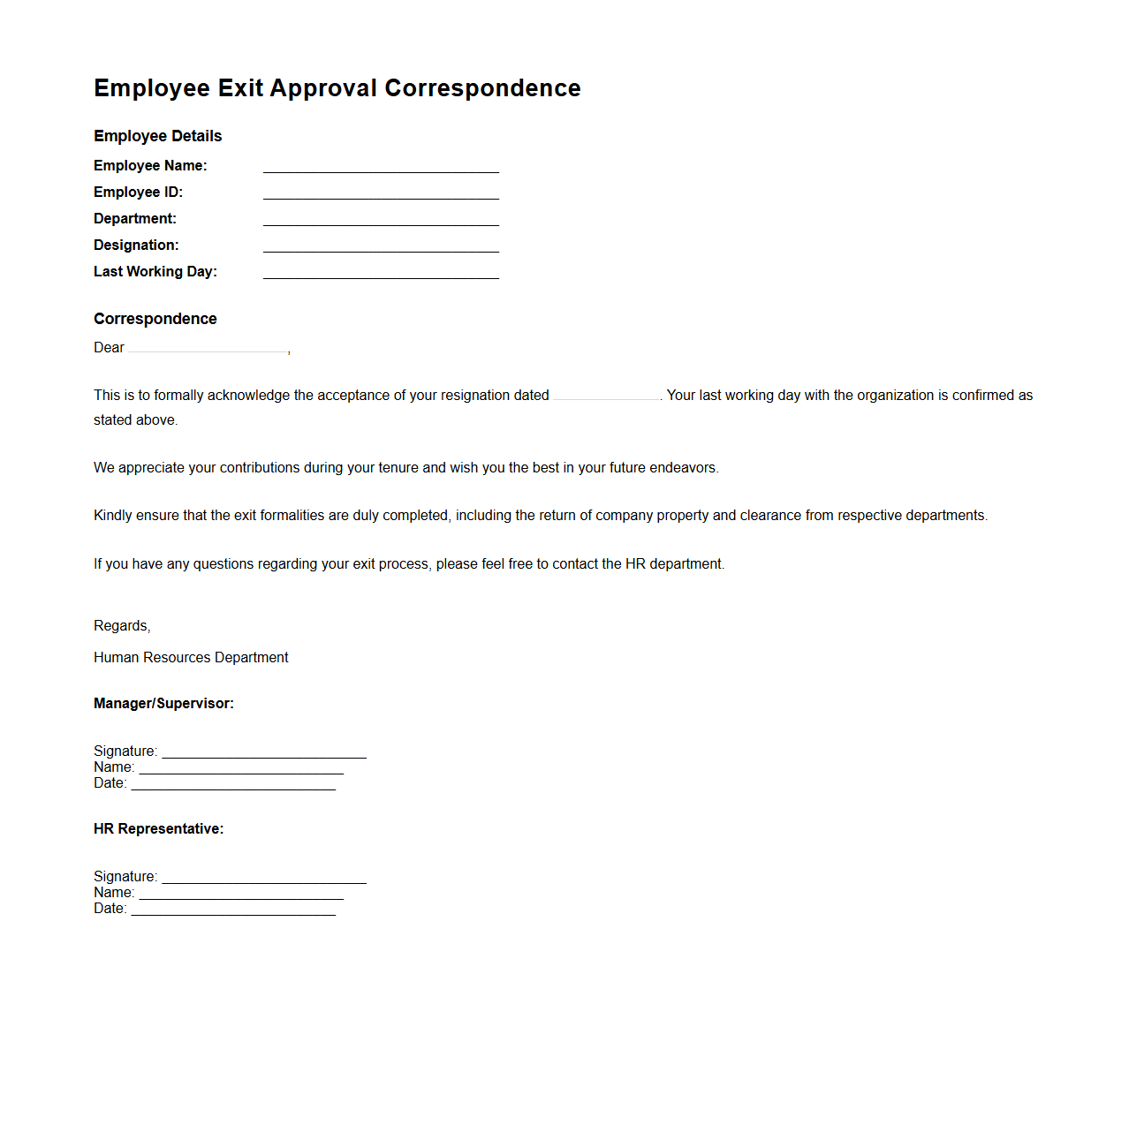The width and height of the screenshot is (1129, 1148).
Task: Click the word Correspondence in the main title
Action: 482,88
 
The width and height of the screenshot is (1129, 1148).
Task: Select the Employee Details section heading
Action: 157,136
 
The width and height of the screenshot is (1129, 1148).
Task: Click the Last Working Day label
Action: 155,272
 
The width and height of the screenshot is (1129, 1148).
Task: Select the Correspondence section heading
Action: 155,319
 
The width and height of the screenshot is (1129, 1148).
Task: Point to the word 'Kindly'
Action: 113,516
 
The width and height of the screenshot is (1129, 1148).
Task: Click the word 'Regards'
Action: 121,626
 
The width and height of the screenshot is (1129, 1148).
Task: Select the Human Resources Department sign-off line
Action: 191,658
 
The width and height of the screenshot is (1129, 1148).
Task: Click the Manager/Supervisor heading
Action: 163,704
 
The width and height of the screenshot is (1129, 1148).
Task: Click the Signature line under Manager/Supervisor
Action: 264,752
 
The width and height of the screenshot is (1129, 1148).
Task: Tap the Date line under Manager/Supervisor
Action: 233,784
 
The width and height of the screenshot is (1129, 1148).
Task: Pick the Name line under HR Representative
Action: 241,894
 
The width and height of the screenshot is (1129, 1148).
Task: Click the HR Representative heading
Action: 158,829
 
